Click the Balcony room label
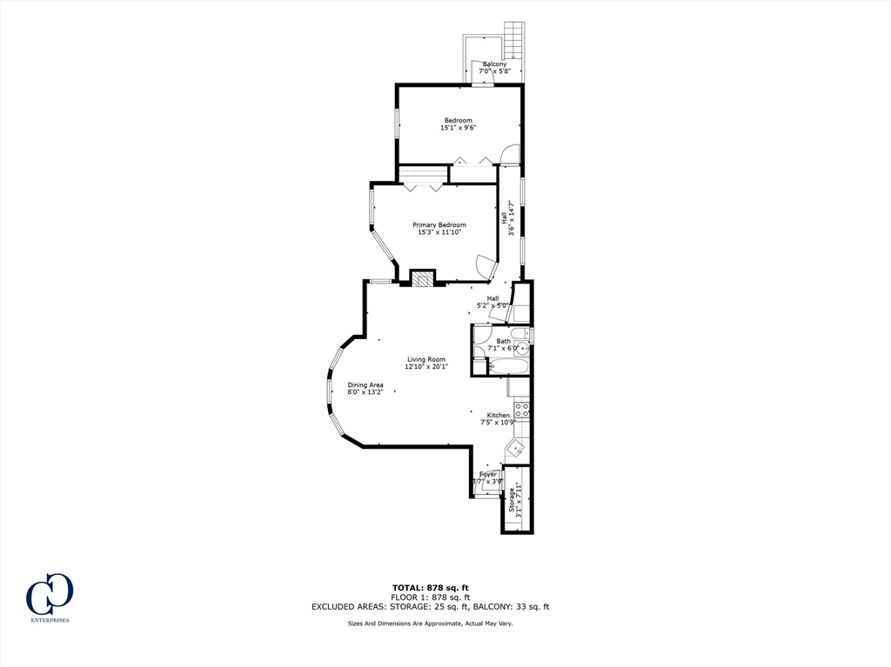point(494,63)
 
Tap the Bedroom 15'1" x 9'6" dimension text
point(459,128)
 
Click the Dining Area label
point(365,384)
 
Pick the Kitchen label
point(498,415)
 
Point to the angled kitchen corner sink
point(515,449)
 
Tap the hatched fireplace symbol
point(422,278)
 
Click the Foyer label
point(488,474)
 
